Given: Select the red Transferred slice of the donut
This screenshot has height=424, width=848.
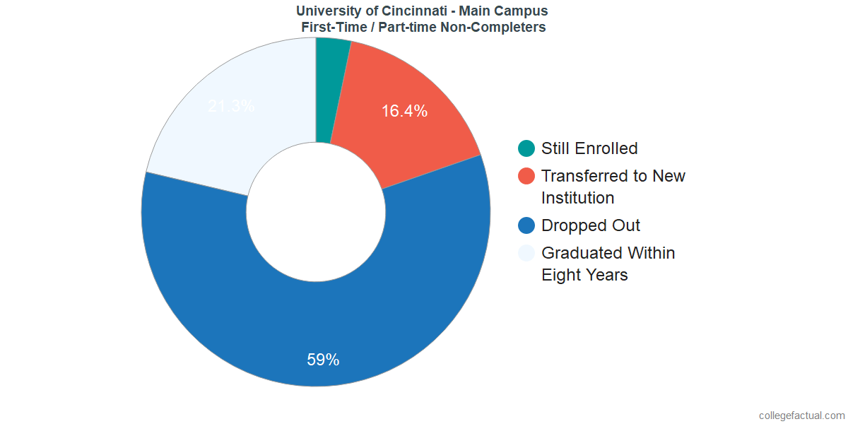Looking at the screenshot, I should tap(410, 134).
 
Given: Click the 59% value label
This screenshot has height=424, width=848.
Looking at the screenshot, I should tap(323, 360).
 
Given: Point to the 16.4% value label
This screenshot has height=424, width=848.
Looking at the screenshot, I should tap(404, 111).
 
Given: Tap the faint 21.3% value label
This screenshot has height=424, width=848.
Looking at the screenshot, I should tap(231, 107).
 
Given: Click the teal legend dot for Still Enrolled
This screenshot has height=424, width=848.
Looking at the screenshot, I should tap(526, 148).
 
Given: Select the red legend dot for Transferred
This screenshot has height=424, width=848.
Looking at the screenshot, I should tap(526, 176).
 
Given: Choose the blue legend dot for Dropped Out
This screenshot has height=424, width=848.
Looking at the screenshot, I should tap(526, 225).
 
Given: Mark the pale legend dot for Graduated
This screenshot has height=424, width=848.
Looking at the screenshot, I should tap(526, 253).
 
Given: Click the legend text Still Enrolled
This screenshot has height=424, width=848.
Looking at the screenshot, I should tap(589, 148).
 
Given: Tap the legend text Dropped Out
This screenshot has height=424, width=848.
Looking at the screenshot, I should tap(591, 225).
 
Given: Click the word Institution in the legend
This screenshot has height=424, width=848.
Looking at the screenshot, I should tap(577, 198).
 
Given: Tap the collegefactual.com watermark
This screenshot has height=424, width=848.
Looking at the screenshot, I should tap(801, 416).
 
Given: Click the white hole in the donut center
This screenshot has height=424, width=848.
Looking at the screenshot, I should tap(316, 212).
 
